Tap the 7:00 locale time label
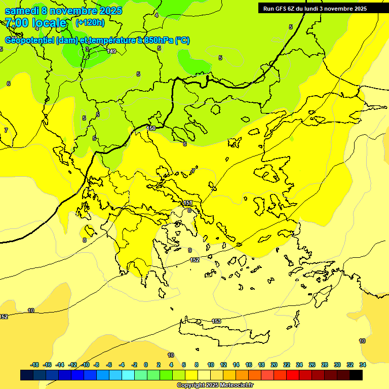pos(35,23)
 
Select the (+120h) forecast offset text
pos(90,22)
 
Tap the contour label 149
pos(112,51)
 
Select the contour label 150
pos(151,128)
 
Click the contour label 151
pos(187,203)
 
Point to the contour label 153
pos(216,321)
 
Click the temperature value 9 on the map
pos(190,250)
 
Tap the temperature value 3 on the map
pos(87,49)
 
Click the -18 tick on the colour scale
pos(34,365)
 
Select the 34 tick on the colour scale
pos(363,365)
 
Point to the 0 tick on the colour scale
pos(146,365)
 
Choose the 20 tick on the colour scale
pos(274,365)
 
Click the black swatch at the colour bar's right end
pos(356,375)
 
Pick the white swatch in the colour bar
pos(205,375)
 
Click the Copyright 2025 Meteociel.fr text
pos(215,385)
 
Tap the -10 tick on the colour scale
pos(86,365)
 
